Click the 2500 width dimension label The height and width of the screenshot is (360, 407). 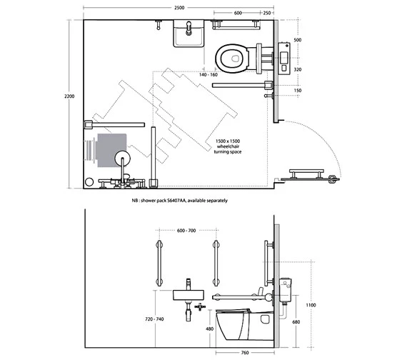pos(179,8)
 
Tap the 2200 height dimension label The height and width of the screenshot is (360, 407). pos(69,96)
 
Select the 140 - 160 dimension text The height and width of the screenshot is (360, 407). pos(208,75)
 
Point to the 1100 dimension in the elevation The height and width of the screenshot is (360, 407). pos(311,305)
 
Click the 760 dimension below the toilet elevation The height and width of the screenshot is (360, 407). pos(245,352)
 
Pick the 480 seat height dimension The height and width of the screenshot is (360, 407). pos(209,329)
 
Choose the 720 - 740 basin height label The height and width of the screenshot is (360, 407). pos(154,319)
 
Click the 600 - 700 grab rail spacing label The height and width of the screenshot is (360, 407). pos(186,231)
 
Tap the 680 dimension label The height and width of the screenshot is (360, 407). pos(296,322)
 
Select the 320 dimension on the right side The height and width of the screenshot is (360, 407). pos(298,69)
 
